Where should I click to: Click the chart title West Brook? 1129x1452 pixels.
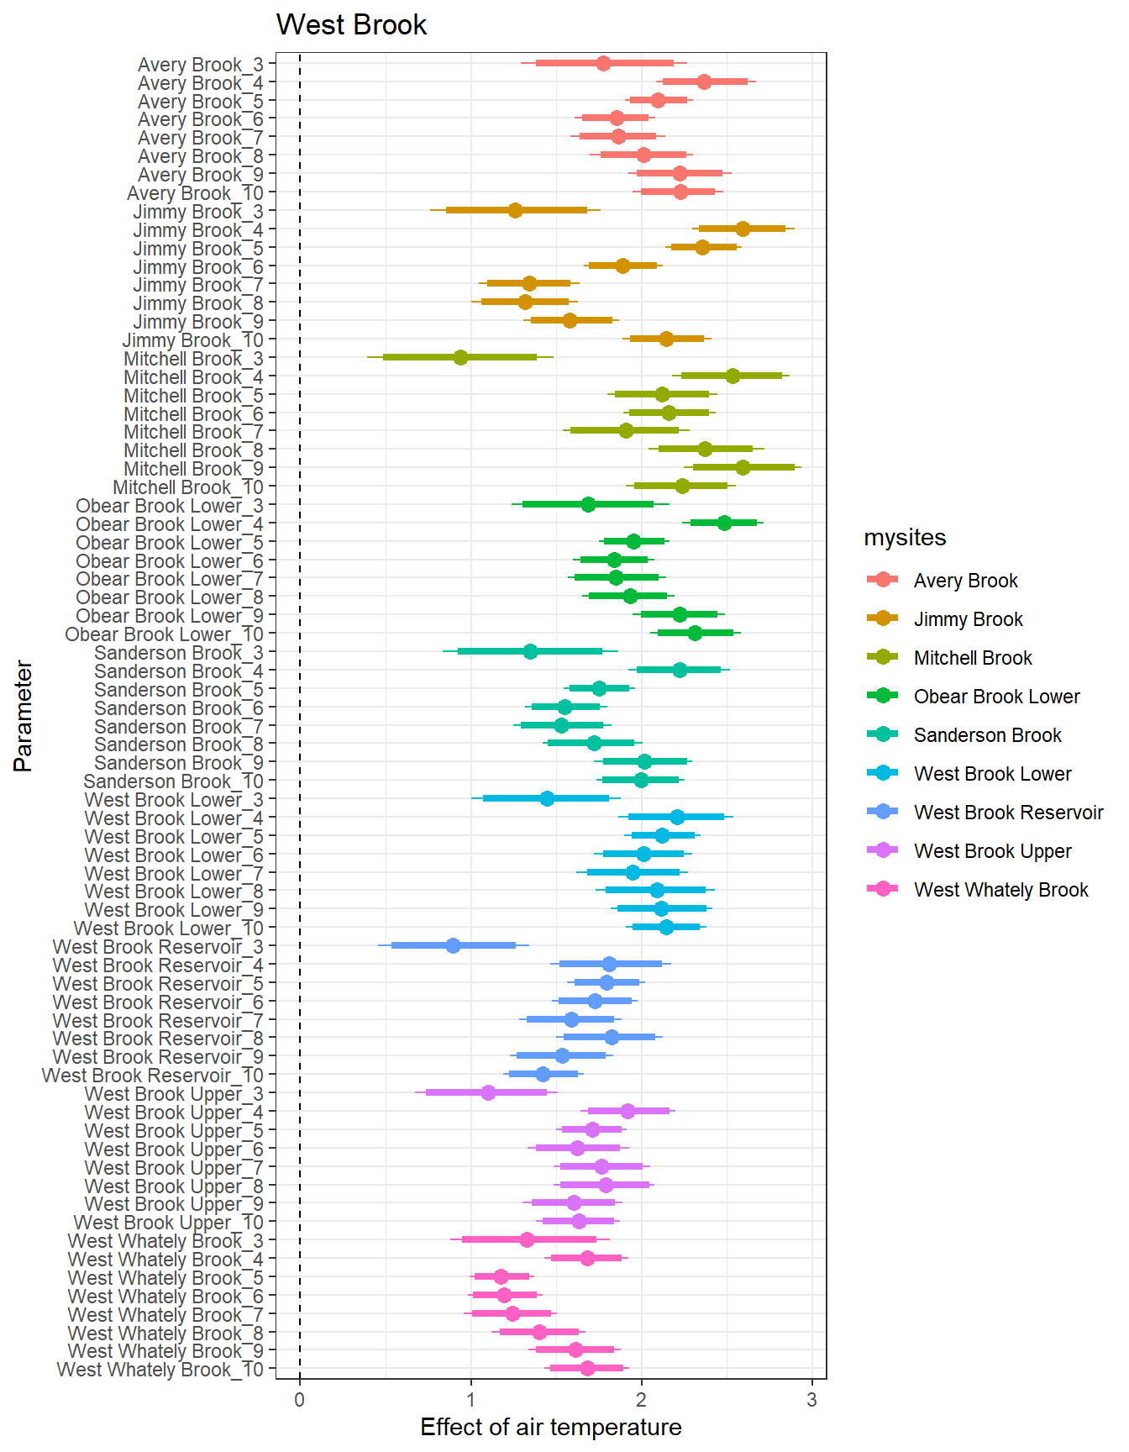(x=351, y=25)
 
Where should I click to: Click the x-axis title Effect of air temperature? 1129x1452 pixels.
(x=550, y=1427)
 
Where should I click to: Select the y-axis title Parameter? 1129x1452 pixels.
(x=24, y=716)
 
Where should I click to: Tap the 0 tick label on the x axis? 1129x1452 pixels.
(x=300, y=1400)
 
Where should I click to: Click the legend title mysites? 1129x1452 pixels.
(x=905, y=538)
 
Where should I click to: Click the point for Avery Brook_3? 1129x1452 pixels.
(x=603, y=63)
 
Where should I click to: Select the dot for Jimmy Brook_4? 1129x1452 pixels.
(x=743, y=229)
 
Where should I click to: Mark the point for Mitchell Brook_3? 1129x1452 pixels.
(x=460, y=357)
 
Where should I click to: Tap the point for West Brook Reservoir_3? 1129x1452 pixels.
(x=453, y=945)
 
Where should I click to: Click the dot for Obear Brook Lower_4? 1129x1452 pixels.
(x=724, y=523)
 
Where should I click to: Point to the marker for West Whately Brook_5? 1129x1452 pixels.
(x=501, y=1276)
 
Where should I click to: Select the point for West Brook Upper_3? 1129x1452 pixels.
(x=488, y=1092)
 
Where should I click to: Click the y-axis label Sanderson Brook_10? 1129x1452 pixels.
(x=173, y=781)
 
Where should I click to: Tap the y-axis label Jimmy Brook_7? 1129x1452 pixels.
(x=198, y=285)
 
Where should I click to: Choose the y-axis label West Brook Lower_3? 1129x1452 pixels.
(x=174, y=800)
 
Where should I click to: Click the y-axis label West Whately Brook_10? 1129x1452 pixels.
(x=160, y=1370)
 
